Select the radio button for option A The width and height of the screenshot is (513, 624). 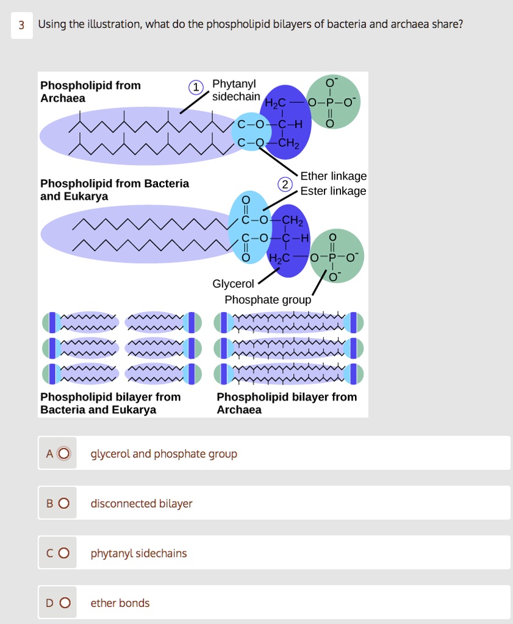click(65, 453)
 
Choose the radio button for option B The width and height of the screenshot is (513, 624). click(65, 503)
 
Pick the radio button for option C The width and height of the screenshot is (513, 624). click(65, 553)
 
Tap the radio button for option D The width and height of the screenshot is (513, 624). click(65, 603)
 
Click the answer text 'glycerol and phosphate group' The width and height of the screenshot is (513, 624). click(163, 454)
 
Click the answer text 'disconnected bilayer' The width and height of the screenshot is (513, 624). click(141, 503)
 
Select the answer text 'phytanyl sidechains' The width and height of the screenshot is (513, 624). click(138, 553)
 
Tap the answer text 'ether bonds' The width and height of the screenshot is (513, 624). click(120, 603)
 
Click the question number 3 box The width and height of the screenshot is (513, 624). click(21, 25)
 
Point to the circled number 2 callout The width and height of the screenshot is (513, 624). click(284, 185)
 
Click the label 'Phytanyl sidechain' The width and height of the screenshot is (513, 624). click(235, 90)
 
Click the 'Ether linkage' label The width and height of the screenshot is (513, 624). click(333, 176)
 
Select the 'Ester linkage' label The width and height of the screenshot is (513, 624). click(333, 191)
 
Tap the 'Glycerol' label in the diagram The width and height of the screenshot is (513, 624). click(233, 284)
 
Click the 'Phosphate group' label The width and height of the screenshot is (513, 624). click(268, 300)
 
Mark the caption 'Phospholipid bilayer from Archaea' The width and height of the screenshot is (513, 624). click(287, 403)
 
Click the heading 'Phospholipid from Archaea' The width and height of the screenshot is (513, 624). click(90, 92)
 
